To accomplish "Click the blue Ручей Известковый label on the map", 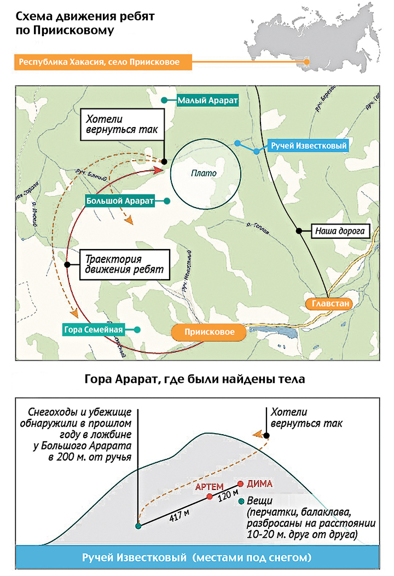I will point(309,146).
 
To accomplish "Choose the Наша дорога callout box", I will point(339,231).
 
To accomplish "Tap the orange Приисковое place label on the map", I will point(206,332).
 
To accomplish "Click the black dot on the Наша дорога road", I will point(299,231).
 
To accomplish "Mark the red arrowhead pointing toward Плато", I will point(158,171).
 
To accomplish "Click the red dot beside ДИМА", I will point(241,484).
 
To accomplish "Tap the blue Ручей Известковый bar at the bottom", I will point(196,558).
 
